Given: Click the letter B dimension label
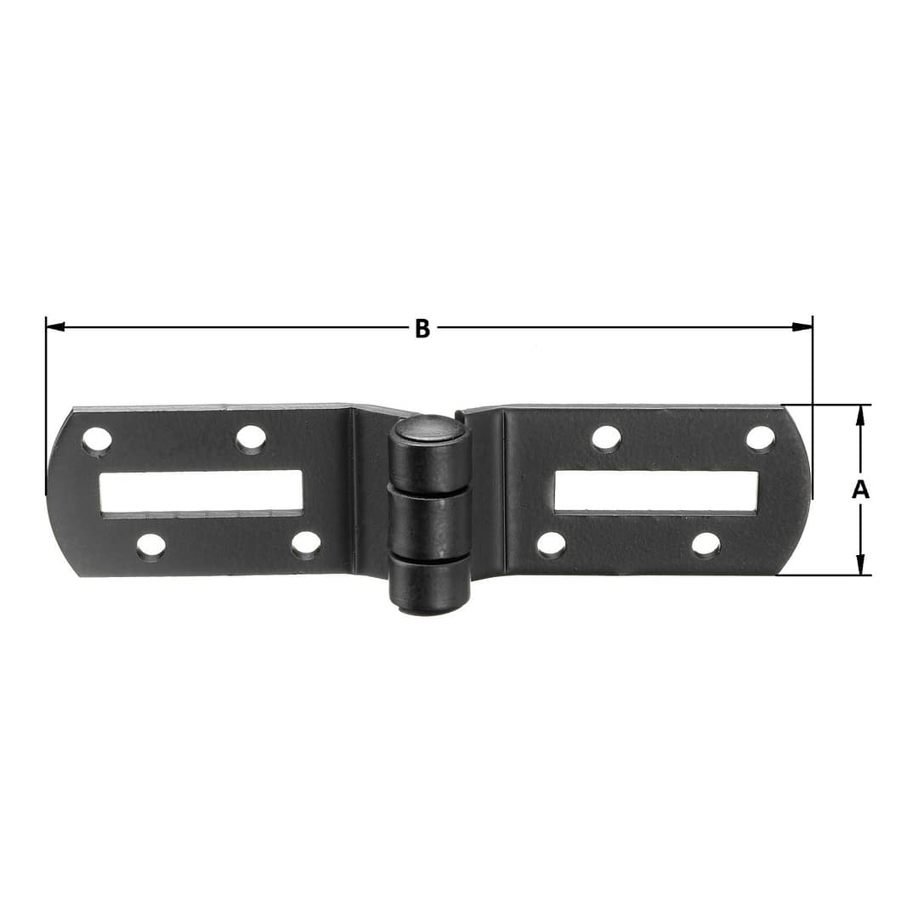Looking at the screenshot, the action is [422, 328].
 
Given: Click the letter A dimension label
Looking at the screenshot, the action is [860, 490].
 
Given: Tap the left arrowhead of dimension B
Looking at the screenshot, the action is [55, 326].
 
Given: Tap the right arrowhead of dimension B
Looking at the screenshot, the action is [802, 326].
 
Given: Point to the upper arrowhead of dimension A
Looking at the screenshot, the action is [860, 415].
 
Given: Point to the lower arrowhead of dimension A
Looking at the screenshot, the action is [860, 564].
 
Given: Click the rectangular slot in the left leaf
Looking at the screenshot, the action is [201, 493].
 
